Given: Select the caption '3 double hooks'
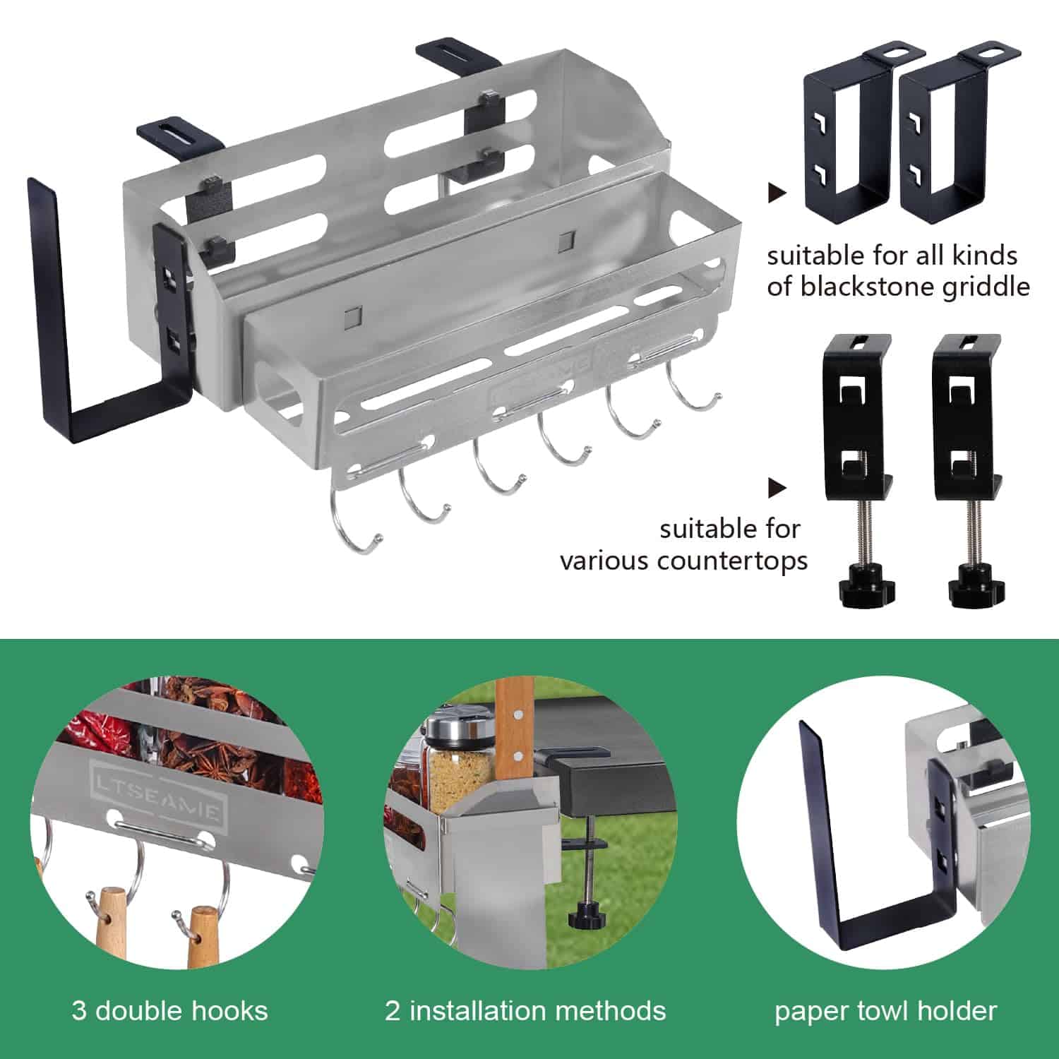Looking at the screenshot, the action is point(169,1010).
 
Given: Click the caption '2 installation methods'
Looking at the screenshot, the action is point(525,1010).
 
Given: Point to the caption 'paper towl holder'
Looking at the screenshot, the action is point(885,1012).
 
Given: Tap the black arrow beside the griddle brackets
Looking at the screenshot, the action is point(777,193).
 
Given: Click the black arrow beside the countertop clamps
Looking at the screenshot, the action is point(777,487).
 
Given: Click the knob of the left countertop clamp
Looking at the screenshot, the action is point(866,587).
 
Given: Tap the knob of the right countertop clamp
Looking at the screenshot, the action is point(975,587).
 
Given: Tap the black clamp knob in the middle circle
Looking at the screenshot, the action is point(589,917).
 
